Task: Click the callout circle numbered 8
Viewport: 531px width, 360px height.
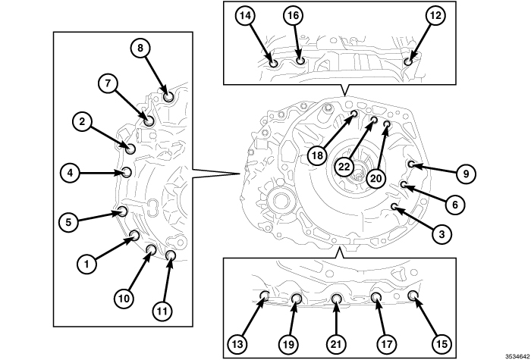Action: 140,48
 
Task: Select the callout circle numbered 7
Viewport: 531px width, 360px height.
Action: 107,83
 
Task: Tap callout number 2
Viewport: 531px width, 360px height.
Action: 83,119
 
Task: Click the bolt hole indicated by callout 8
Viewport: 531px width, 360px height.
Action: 168,96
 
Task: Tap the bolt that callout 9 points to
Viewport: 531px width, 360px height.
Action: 410,164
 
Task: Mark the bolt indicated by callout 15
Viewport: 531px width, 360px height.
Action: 413,295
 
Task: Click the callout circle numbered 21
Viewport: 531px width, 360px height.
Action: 335,343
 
